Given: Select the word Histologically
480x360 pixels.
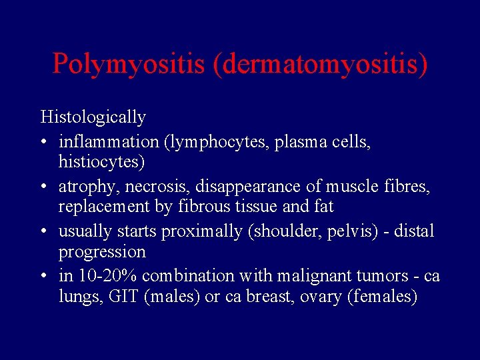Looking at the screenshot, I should click(93, 117).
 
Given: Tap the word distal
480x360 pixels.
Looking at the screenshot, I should click(415, 231).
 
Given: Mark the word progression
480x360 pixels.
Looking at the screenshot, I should click(102, 252).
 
